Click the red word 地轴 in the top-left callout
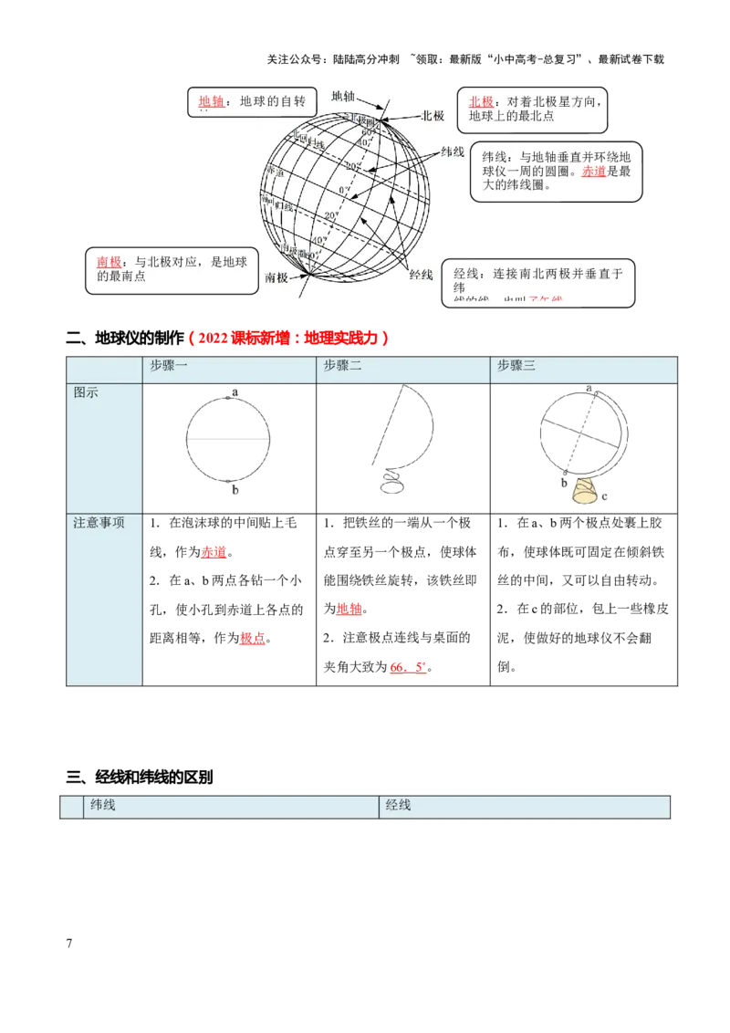pyautogui.click(x=211, y=101)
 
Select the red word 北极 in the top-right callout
pyautogui.click(x=481, y=102)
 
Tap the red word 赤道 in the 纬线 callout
pyautogui.click(x=593, y=172)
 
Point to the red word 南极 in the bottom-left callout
pyautogui.click(x=109, y=262)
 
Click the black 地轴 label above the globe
pyautogui.click(x=344, y=96)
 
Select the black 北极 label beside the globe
pyautogui.click(x=433, y=116)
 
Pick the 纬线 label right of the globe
pyautogui.click(x=453, y=151)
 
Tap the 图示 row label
pyautogui.click(x=87, y=392)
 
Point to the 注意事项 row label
pyautogui.click(x=99, y=523)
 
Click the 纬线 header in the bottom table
pyautogui.click(x=102, y=805)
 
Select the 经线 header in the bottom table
pyautogui.click(x=398, y=805)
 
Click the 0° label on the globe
pyautogui.click(x=342, y=190)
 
